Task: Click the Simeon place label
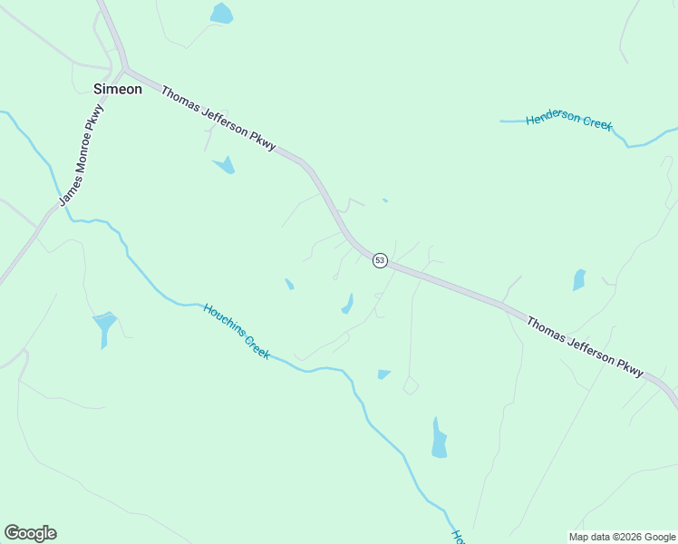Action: point(118,89)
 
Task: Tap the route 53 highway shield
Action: point(380,260)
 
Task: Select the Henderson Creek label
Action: point(569,121)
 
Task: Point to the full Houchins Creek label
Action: point(237,331)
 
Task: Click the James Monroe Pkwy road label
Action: point(82,154)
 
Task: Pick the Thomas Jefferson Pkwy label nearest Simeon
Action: point(218,123)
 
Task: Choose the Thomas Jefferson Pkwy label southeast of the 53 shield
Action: point(585,346)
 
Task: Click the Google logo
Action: point(30,533)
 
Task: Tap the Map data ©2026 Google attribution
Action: point(623,537)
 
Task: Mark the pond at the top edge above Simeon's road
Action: point(221,14)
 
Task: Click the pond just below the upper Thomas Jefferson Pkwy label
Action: point(225,165)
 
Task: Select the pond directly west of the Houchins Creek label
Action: point(104,326)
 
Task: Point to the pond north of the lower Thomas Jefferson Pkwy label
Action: point(579,280)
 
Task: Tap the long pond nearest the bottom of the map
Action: point(439,439)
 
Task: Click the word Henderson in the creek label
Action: point(553,119)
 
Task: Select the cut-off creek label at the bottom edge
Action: point(459,537)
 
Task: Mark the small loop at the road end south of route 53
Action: point(411,387)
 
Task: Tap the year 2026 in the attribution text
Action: point(625,537)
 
